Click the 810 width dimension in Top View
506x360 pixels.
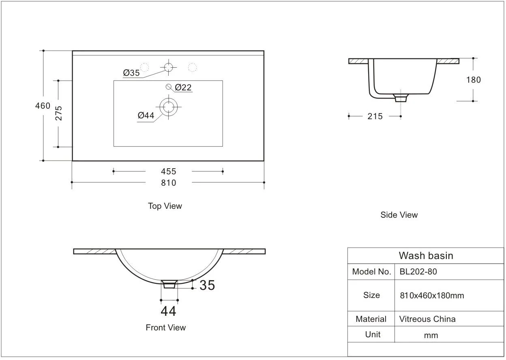pyautogui.click(x=169, y=183)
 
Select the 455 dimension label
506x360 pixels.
pyautogui.click(x=169, y=171)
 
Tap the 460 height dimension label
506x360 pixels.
pyautogui.click(x=43, y=106)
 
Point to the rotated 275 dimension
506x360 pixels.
pyautogui.click(x=58, y=113)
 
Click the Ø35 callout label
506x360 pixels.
pyautogui.click(x=131, y=73)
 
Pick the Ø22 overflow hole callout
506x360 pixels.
pyautogui.click(x=183, y=88)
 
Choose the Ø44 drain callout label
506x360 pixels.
pyautogui.click(x=146, y=116)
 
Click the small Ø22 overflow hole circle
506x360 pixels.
pyautogui.click(x=169, y=87)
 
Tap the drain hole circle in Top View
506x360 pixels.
pyautogui.click(x=169, y=107)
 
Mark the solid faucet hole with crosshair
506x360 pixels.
pyautogui.click(x=169, y=67)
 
